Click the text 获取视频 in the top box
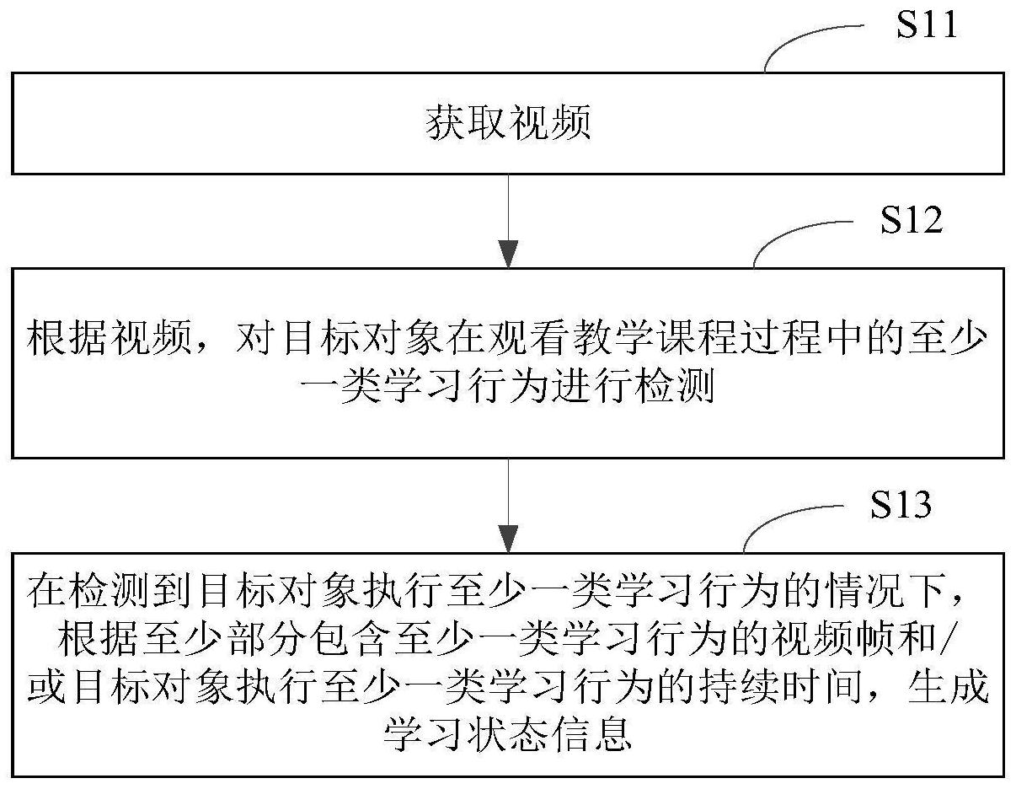(508, 122)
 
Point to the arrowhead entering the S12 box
(508, 254)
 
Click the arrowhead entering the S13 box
(508, 539)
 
